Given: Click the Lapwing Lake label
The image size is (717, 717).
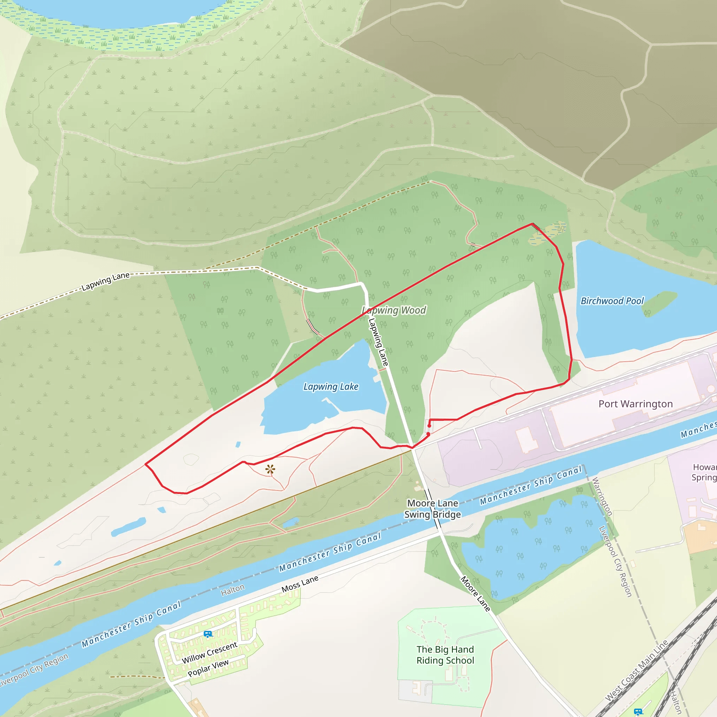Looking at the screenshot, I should [x=330, y=387].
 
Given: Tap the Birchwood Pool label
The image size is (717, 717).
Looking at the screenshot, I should [x=612, y=301].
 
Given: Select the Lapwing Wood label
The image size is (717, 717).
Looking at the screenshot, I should [x=394, y=310].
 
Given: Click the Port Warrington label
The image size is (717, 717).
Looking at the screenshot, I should [x=635, y=404].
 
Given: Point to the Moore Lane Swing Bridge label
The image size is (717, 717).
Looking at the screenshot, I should [x=433, y=509].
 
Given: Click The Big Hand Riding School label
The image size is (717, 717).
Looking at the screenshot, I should [x=445, y=655].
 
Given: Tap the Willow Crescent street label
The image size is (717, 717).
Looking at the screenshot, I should [x=209, y=653].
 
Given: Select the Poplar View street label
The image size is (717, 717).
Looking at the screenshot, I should [x=208, y=668].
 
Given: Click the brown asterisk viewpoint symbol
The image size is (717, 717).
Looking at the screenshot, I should [x=270, y=469].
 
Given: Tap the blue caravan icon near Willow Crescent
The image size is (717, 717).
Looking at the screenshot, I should [x=208, y=634].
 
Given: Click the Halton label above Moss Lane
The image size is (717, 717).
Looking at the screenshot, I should [x=233, y=589].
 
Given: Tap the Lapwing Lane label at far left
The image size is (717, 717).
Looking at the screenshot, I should [x=105, y=281].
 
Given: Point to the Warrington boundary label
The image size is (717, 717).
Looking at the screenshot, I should [x=601, y=496].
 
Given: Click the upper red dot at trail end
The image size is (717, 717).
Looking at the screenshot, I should [x=429, y=426].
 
